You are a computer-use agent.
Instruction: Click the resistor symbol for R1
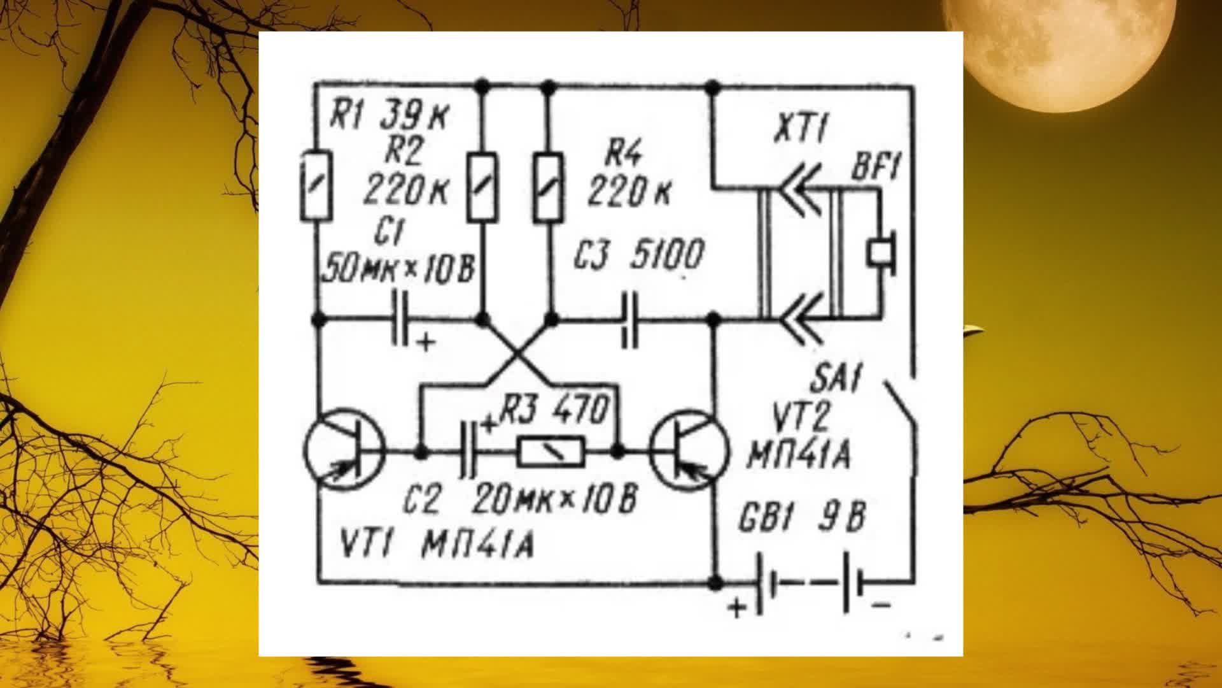point(316,186)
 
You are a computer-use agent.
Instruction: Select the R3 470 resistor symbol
point(551,453)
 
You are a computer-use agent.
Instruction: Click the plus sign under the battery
point(737,608)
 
